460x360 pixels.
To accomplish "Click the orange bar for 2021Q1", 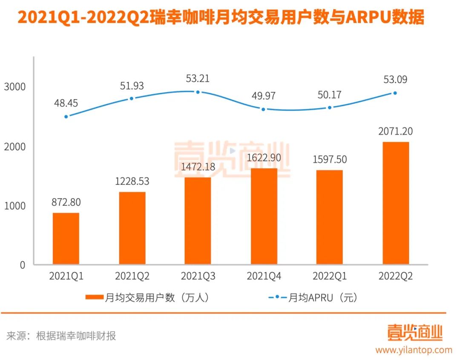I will [66, 239].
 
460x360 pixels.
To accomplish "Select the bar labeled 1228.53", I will [132, 228].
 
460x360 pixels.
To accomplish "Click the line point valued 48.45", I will [66, 116].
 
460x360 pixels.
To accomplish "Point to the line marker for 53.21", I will [198, 92].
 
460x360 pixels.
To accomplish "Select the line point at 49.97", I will [264, 109].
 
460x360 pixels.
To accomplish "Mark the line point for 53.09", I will [395, 93].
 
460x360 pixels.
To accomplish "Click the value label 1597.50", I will [330, 159].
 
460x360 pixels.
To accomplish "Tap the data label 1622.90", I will [264, 158].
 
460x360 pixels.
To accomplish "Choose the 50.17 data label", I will [330, 95].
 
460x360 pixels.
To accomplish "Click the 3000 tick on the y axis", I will [15, 87].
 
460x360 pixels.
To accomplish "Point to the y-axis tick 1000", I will [15, 206].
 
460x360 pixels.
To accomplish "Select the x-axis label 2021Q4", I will [264, 276].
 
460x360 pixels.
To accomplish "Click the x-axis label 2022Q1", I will [330, 276].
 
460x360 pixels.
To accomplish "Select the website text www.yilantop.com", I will [414, 350].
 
